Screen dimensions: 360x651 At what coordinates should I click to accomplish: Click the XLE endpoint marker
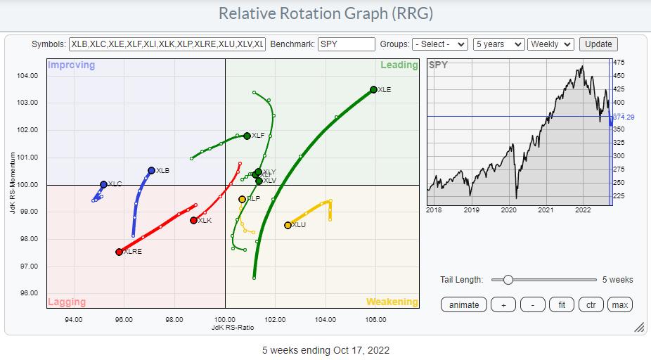click(x=373, y=89)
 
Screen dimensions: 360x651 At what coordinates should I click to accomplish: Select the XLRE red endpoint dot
click(x=119, y=252)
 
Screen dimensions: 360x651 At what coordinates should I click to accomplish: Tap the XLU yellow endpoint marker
click(x=288, y=225)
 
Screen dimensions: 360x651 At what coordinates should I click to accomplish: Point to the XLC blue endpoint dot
click(x=103, y=184)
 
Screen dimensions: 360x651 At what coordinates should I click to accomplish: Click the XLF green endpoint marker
click(x=247, y=136)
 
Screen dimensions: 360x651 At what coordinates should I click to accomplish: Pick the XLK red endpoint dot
click(x=193, y=221)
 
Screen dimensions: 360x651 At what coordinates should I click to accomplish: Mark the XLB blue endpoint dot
click(x=151, y=170)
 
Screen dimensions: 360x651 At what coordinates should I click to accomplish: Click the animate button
click(x=464, y=304)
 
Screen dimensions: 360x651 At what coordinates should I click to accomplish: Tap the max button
click(x=619, y=304)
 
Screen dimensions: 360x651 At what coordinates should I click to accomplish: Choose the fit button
click(x=560, y=304)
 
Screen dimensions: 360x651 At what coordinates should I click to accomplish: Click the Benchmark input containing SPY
click(x=346, y=44)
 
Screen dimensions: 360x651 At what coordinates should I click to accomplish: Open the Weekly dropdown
click(x=550, y=44)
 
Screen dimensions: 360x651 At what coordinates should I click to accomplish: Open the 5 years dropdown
click(x=498, y=44)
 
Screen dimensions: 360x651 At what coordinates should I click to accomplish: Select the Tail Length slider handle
click(x=508, y=280)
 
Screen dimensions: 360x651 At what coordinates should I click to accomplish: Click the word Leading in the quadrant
click(x=399, y=65)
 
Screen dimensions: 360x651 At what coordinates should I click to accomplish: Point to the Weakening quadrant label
click(x=392, y=302)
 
